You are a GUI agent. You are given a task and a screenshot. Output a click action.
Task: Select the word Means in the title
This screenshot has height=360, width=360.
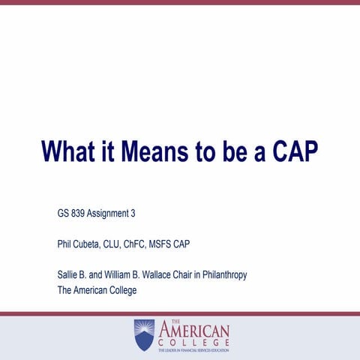point(158,151)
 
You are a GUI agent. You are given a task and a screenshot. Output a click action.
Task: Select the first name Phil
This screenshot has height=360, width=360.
point(66,244)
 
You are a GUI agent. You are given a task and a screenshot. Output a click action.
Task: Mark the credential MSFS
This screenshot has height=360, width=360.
point(184,244)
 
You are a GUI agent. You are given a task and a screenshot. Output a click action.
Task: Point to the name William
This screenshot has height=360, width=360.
point(126,275)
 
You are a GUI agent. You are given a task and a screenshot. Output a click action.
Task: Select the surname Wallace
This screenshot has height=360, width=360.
point(166,275)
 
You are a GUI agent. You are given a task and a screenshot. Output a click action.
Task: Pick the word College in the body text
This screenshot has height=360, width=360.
point(120,290)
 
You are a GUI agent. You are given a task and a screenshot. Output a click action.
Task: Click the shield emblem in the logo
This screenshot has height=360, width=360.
point(144,333)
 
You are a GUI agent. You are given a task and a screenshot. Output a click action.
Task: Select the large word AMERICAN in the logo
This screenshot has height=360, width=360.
point(193,330)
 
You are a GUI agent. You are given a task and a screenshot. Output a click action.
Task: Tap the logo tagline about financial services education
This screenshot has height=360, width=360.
point(193,349)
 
